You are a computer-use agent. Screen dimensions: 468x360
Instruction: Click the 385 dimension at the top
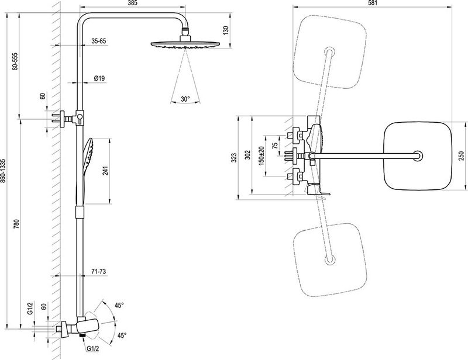(133, 4)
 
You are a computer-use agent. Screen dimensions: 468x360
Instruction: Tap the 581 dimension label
(373, 3)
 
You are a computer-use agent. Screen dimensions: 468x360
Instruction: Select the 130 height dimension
(226, 30)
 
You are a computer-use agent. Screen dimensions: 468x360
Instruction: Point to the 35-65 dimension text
(98, 41)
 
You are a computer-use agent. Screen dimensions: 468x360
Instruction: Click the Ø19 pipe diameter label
(99, 78)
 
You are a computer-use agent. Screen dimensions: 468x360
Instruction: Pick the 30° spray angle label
(185, 99)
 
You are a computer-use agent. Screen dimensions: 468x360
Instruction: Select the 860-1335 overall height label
(3, 171)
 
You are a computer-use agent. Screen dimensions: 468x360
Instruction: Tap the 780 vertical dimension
(16, 224)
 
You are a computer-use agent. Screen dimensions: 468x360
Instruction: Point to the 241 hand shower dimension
(106, 170)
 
